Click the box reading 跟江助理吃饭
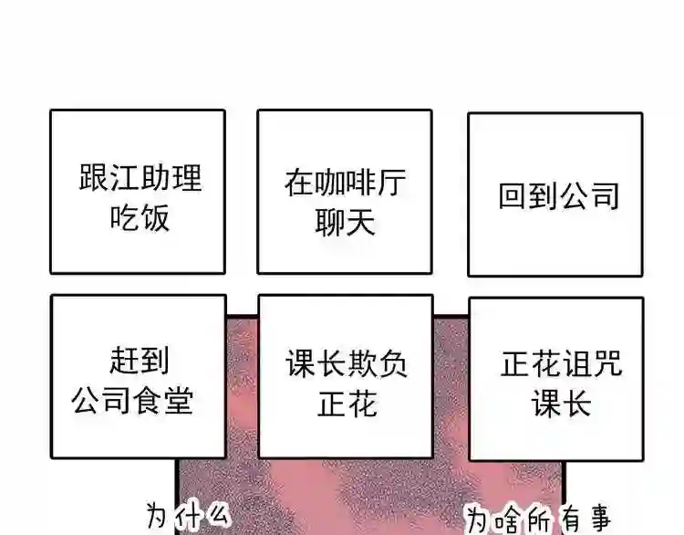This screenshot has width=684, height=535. click(x=138, y=192)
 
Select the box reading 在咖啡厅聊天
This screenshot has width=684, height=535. click(x=345, y=192)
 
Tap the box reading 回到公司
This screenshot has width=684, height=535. click(x=554, y=194)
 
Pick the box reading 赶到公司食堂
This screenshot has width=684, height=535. click(x=138, y=376)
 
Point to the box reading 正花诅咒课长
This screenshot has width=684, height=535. click(x=556, y=378)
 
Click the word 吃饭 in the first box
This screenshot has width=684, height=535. click(x=140, y=218)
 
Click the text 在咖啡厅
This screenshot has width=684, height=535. click(x=346, y=182)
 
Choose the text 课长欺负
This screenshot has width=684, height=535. click(x=347, y=364)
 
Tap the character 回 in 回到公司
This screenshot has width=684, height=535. click(x=513, y=195)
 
